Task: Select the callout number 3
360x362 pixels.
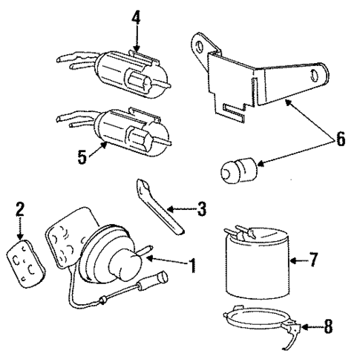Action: pyautogui.click(x=200, y=209)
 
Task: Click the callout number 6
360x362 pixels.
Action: pyautogui.click(x=341, y=139)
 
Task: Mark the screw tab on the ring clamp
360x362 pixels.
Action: pyautogui.click(x=296, y=326)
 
